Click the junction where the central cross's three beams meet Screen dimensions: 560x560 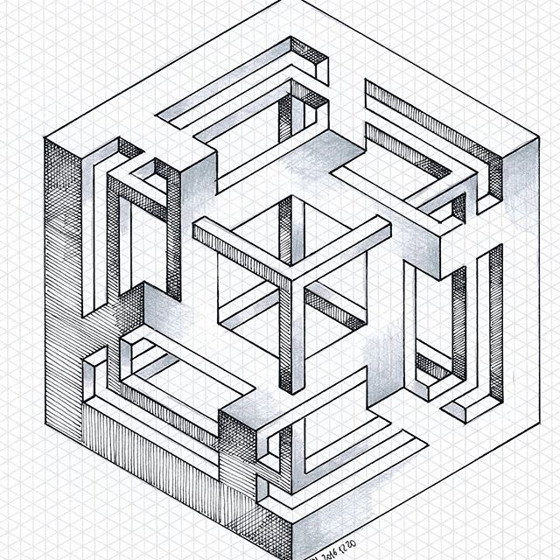tap(286, 276)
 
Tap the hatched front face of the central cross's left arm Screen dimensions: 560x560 tap(236, 257)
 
